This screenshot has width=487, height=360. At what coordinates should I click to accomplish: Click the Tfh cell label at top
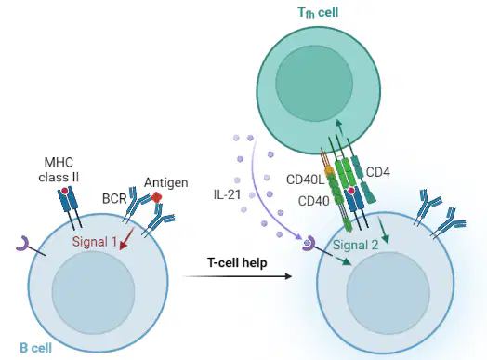point(318,13)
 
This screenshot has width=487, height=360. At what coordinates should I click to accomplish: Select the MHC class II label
point(59,169)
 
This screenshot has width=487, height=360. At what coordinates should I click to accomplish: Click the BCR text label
point(114,199)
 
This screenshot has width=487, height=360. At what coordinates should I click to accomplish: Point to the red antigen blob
point(157,197)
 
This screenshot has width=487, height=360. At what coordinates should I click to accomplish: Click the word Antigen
point(166,182)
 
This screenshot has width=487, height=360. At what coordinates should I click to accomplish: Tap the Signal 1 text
point(95,242)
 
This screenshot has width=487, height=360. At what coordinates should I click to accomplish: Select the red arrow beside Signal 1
point(126,238)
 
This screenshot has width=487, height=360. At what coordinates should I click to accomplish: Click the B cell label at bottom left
point(35,348)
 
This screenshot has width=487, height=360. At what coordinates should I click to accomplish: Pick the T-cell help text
point(237,263)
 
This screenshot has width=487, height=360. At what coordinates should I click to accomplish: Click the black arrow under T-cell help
point(237,276)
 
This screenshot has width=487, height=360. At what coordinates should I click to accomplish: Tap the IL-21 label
point(227,194)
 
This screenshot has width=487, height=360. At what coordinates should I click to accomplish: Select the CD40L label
point(306,180)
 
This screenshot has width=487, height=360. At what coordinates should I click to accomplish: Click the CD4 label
point(378,172)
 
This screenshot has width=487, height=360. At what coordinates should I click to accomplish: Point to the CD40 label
point(314,202)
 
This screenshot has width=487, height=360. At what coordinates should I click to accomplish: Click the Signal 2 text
point(356,245)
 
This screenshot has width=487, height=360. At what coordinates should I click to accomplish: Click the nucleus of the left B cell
point(93,292)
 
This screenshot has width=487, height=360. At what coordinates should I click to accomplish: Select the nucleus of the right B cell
point(388,293)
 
